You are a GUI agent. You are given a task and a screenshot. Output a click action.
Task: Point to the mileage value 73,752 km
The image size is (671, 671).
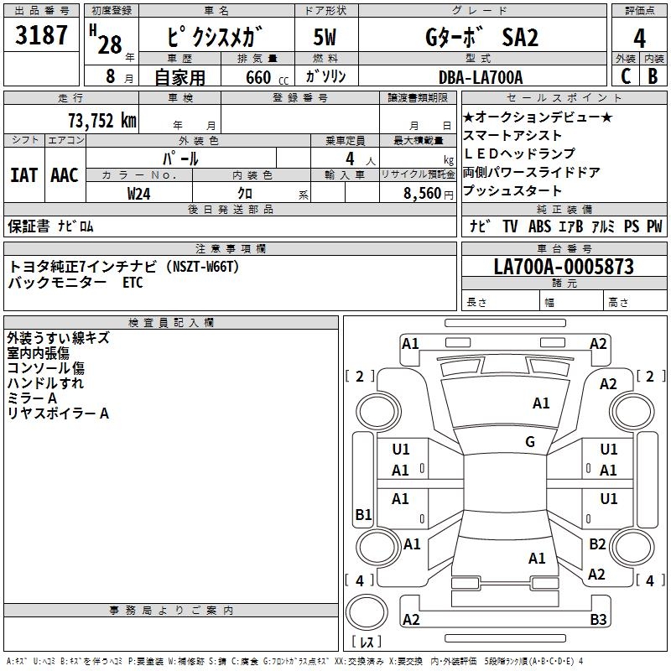pyautogui.click(x=101, y=120)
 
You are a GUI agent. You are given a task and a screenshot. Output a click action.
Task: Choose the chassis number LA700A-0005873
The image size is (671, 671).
pyautogui.click(x=563, y=267)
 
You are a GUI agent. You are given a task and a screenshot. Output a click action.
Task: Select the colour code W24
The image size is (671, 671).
pyautogui.click(x=139, y=192)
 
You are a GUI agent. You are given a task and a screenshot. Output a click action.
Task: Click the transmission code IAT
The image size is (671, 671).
pyautogui.click(x=23, y=174)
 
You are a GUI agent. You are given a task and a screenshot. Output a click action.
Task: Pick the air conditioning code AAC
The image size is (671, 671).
pyautogui.click(x=65, y=174)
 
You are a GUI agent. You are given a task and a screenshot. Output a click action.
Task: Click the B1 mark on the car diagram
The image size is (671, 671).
pyautogui.click(x=363, y=514)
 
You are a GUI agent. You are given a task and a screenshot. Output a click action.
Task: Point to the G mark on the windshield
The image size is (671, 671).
pyautogui.click(x=530, y=442)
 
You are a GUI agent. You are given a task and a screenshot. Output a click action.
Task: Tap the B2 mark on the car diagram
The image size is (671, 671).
pyautogui.click(x=597, y=544)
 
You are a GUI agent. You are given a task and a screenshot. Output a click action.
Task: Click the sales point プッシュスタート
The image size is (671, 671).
pyautogui.click(x=512, y=190)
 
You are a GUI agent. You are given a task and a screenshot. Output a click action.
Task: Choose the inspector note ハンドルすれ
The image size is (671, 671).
pyautogui.click(x=45, y=383)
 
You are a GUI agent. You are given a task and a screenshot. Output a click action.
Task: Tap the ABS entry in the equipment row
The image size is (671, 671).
pyautogui.click(x=539, y=226)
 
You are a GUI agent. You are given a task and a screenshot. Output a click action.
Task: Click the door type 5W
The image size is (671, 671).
pyautogui.click(x=325, y=38)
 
